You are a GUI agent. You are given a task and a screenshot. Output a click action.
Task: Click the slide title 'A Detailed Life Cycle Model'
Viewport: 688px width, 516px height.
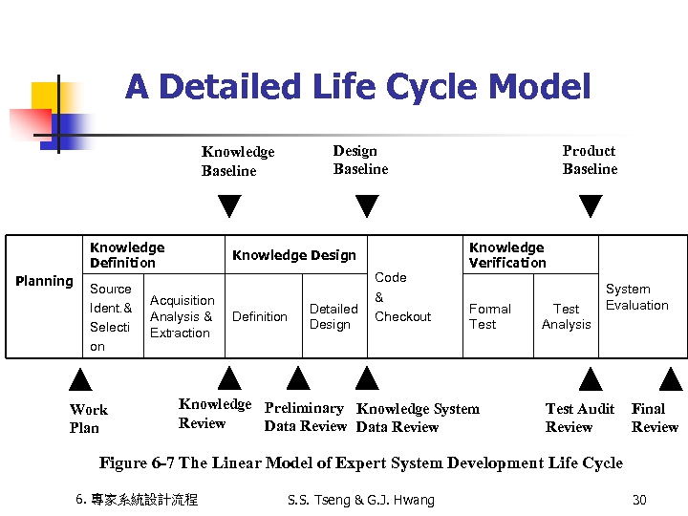[x=357, y=88]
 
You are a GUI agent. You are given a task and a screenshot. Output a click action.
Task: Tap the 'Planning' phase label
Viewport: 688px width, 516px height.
[x=44, y=281]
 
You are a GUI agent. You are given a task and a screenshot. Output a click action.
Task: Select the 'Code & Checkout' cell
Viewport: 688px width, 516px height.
[x=402, y=297]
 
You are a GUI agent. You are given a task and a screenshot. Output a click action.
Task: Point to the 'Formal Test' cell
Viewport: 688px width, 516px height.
[x=489, y=316]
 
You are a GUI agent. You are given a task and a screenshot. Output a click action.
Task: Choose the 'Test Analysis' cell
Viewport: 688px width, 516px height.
[x=566, y=316]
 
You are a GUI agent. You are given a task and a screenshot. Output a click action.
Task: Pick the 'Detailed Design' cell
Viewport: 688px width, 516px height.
[x=333, y=316]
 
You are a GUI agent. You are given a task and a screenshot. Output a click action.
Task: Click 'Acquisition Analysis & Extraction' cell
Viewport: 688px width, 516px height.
[x=182, y=316]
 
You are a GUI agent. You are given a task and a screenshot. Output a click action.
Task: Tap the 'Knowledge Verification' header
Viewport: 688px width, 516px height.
[x=506, y=255]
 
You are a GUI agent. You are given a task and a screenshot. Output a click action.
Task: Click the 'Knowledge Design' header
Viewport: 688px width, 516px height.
[x=293, y=255]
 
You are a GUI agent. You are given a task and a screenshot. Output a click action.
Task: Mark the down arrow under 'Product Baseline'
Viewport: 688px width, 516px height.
[x=591, y=206]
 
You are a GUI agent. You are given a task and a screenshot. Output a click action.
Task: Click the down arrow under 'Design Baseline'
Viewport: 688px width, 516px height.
[x=367, y=206]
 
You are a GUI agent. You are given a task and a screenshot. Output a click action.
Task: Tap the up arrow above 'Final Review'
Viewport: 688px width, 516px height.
[x=672, y=379]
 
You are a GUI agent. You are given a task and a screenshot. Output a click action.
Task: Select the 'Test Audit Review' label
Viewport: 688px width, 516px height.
[x=579, y=418]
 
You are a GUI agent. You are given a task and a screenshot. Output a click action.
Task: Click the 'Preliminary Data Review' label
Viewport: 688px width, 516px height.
[x=305, y=418]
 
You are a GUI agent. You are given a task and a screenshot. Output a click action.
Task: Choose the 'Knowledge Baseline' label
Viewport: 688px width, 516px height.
[x=237, y=161]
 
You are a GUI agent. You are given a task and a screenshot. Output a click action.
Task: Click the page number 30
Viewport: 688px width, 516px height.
[x=639, y=500]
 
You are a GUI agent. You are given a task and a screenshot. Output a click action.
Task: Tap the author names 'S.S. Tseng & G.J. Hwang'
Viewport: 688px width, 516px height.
[x=360, y=500]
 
